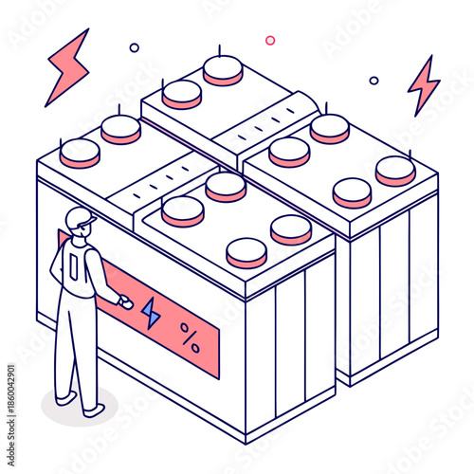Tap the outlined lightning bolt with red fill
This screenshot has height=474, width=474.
(423, 84)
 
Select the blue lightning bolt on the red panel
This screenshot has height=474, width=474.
(151, 313)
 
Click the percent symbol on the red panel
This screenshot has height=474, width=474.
(190, 338)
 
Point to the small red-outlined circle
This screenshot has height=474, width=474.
(270, 40)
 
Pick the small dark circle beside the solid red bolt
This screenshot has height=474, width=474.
(134, 47)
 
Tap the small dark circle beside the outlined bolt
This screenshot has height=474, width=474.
(374, 81)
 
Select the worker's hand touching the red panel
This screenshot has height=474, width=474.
(122, 303)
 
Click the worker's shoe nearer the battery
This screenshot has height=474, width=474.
(94, 410)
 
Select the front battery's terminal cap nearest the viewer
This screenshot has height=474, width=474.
(246, 252)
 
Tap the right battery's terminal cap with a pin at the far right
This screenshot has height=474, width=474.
(394, 170)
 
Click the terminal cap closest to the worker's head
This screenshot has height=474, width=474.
(80, 152)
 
